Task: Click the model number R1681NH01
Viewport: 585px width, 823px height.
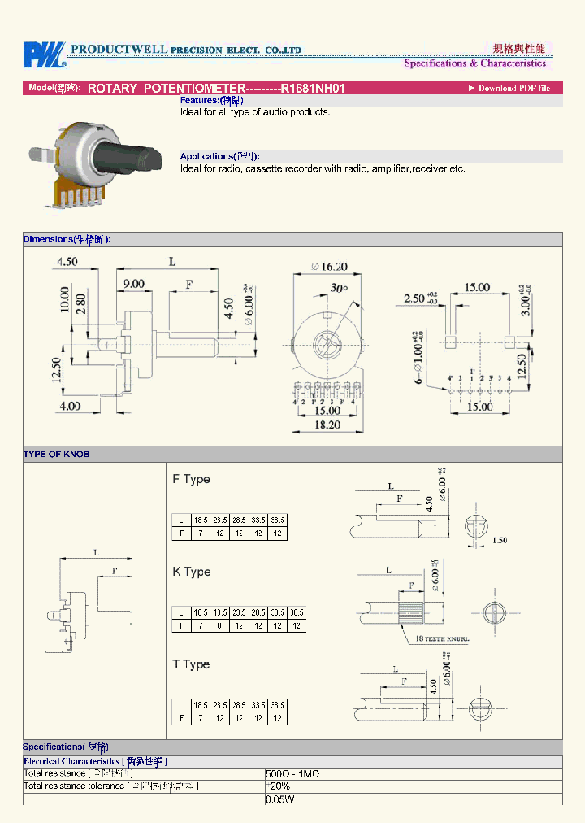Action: tap(313, 88)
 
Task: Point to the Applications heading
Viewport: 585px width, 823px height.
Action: tap(220, 156)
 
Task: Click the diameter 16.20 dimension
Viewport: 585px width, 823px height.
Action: tap(329, 266)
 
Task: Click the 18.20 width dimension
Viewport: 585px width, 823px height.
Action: tap(327, 425)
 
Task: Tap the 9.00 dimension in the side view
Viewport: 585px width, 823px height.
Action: tap(134, 284)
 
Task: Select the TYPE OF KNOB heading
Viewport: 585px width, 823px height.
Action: tap(56, 454)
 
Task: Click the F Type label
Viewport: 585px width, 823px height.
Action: tap(191, 479)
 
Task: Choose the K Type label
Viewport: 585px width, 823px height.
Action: tap(191, 572)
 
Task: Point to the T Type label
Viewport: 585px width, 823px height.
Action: tap(191, 664)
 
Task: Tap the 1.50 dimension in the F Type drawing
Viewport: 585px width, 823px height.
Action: tap(500, 540)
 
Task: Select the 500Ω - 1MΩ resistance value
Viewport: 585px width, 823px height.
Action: tap(293, 773)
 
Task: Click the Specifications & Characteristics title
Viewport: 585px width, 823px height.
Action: tap(474, 63)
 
